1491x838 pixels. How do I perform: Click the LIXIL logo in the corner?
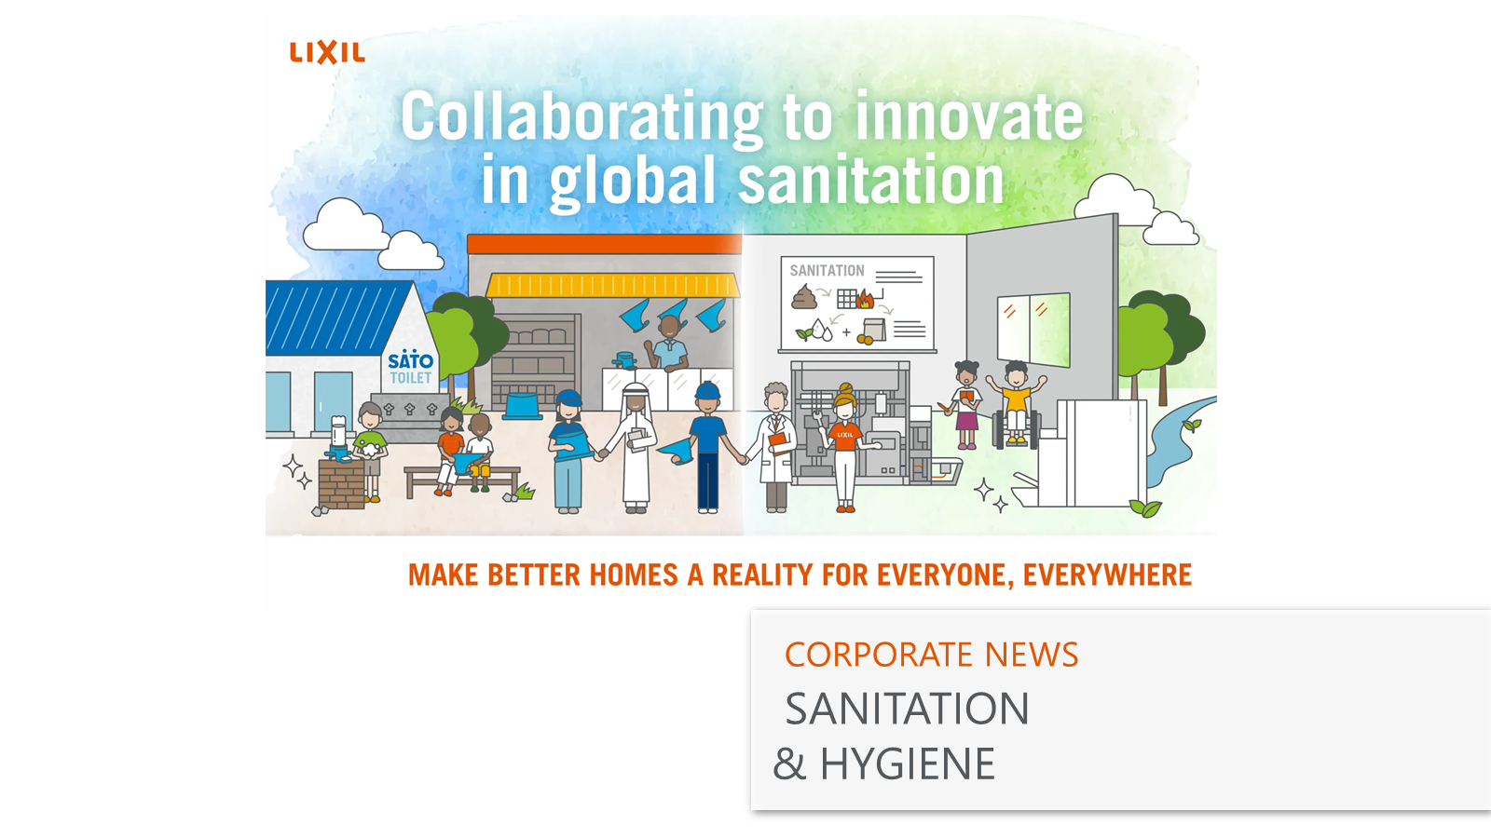click(327, 52)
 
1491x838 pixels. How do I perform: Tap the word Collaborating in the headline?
click(581, 117)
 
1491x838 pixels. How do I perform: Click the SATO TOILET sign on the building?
click(410, 368)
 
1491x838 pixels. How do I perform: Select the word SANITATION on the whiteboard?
click(827, 271)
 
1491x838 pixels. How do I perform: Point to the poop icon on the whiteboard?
click(803, 297)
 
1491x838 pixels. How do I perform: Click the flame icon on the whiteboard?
click(865, 299)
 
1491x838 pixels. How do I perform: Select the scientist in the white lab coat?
click(774, 447)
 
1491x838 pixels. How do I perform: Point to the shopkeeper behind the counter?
click(669, 344)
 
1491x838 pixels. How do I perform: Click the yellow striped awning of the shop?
click(612, 285)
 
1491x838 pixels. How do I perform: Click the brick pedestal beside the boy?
click(341, 483)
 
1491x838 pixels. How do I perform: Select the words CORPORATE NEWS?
click(931, 655)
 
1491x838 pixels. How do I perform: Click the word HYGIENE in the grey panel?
click(908, 764)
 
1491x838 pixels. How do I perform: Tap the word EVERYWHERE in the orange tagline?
click(1107, 575)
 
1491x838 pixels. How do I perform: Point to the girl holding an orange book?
click(965, 405)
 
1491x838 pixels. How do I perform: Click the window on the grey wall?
click(1033, 330)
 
